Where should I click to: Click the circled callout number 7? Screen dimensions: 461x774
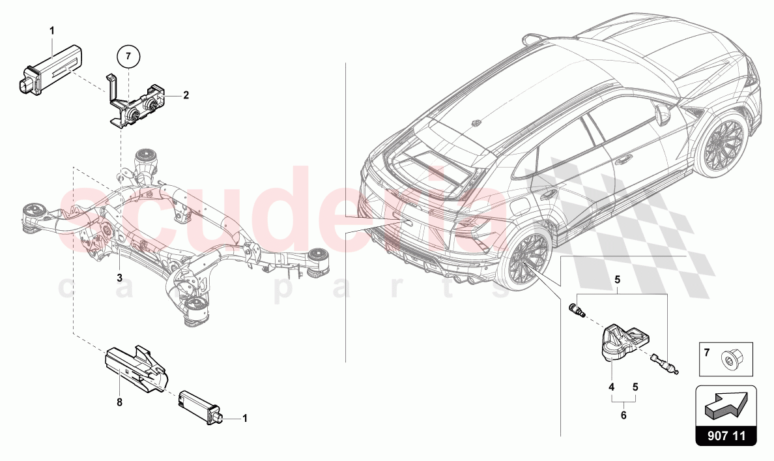(129, 57)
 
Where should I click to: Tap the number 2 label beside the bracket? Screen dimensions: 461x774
(186, 95)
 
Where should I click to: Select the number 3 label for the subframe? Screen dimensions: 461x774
(119, 278)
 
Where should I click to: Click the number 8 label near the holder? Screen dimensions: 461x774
(119, 403)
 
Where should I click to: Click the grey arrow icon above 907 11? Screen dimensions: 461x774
(726, 404)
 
